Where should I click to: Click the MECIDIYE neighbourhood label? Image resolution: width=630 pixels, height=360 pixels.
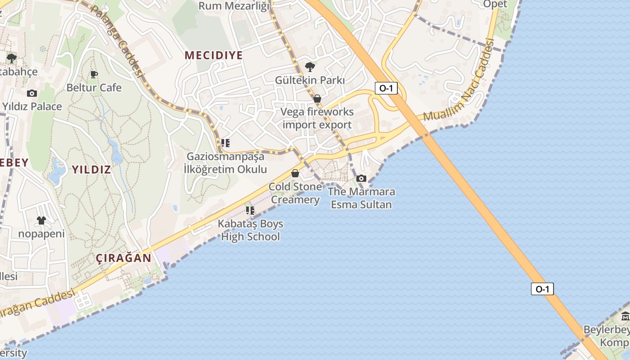[x=214, y=55]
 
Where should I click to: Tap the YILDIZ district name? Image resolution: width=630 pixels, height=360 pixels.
[x=91, y=170]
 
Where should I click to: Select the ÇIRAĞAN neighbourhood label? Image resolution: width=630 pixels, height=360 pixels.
[x=124, y=258]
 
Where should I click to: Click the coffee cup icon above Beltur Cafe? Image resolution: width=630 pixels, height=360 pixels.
[x=94, y=74]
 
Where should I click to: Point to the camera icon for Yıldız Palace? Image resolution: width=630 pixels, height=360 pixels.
[x=32, y=93]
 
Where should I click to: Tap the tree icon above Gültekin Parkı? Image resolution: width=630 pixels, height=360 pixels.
[x=310, y=67]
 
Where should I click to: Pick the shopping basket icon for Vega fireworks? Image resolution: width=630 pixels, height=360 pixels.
[x=317, y=98]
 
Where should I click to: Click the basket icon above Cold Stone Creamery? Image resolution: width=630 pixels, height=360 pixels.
[x=295, y=173]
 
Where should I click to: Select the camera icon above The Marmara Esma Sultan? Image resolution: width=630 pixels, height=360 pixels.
[x=361, y=178]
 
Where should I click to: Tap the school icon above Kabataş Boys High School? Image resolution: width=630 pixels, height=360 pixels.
[x=250, y=211]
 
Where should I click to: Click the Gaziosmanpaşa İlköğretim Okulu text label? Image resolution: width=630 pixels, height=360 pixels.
[x=225, y=163]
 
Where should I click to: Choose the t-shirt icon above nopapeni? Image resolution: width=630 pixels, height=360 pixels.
[x=41, y=220]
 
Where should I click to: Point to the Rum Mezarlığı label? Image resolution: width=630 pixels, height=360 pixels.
[x=234, y=6]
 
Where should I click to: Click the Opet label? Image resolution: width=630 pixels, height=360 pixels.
[x=495, y=4]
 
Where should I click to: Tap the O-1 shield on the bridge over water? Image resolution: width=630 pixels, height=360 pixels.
[x=542, y=289]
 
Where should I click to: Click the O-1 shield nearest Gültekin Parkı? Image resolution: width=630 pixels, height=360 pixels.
[x=386, y=88]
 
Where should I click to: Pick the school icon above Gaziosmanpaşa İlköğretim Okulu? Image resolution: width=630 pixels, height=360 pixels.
[x=225, y=143]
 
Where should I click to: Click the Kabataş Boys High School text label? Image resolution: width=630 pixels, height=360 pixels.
[x=250, y=230]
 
